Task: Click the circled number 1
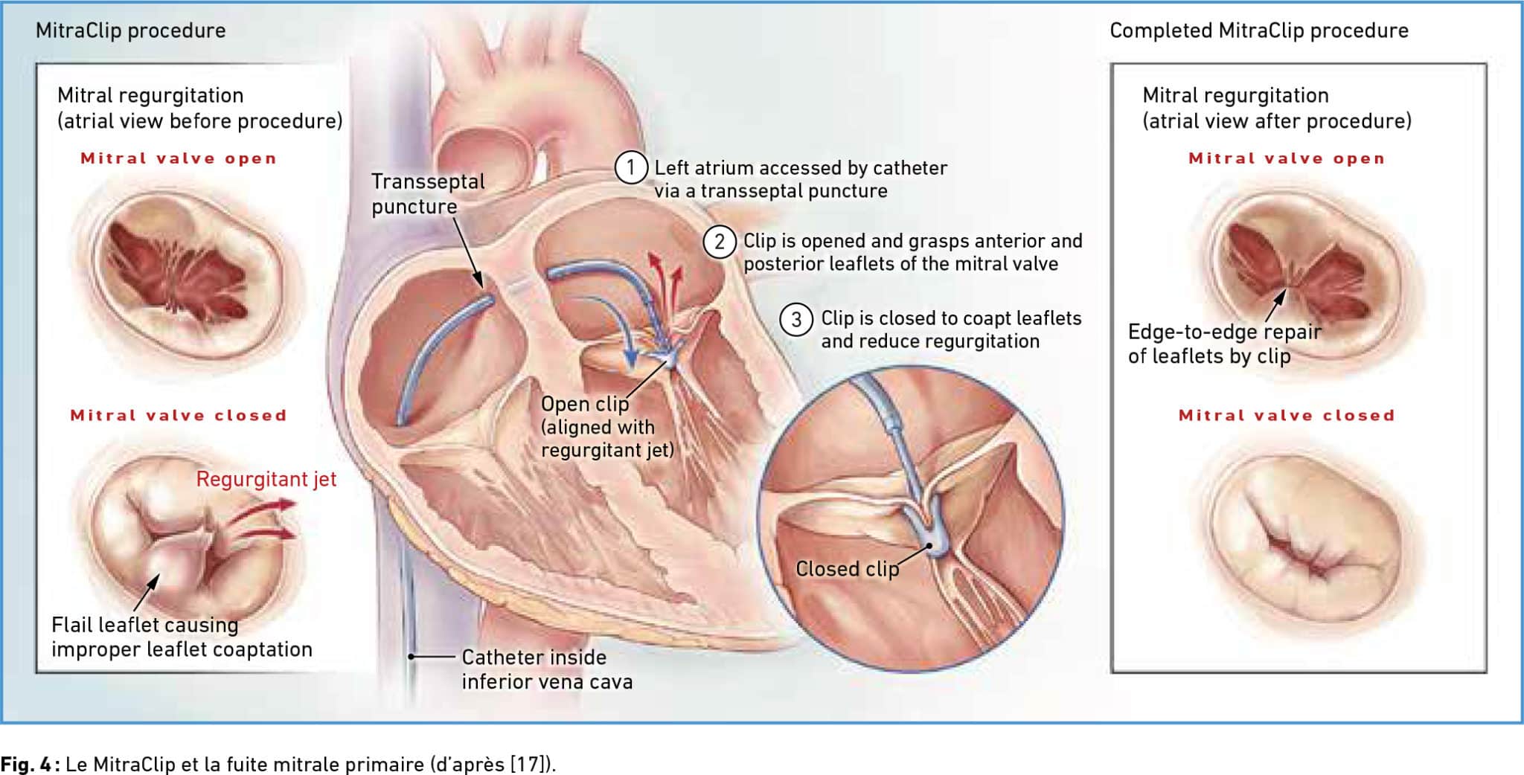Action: pos(630,167)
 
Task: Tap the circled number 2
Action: pos(720,242)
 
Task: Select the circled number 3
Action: pos(796,320)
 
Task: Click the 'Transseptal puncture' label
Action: pos(428,193)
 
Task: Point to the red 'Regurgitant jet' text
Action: pos(266,480)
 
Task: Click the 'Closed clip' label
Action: pos(848,569)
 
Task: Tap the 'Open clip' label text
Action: pos(585,404)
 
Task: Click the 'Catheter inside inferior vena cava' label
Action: pos(547,669)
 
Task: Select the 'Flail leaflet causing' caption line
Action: pos(145,625)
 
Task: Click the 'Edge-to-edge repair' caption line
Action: pos(1225,332)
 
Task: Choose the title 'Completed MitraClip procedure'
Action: pos(1259,30)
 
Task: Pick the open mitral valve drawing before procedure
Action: pos(187,271)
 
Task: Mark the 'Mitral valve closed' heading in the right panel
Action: pos(1287,415)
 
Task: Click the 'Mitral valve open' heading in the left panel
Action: pos(179,158)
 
